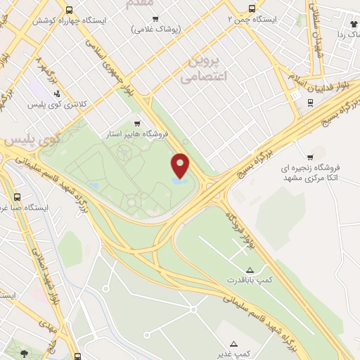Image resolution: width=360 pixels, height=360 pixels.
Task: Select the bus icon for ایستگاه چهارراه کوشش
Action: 69,10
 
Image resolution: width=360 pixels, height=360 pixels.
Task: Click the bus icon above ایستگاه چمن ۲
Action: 252,9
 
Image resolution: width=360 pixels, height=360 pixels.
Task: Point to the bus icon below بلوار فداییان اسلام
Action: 309,102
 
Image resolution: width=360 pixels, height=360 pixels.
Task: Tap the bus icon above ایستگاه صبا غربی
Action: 17,198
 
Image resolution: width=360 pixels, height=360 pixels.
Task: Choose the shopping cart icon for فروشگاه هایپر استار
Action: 146,122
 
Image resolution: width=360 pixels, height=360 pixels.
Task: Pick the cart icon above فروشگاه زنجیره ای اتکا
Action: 310,157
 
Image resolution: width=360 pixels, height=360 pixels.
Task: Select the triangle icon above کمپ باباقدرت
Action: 250,270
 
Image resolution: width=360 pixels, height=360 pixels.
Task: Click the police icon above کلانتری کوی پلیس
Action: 57,93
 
